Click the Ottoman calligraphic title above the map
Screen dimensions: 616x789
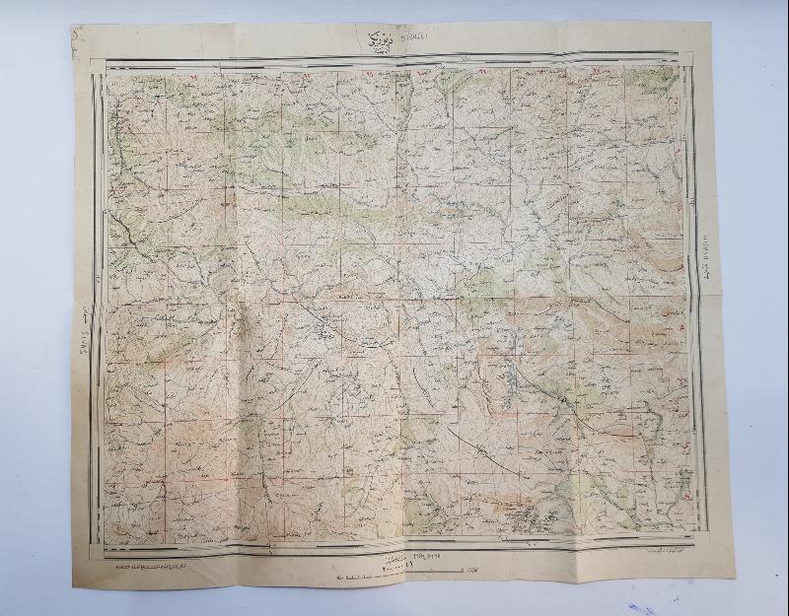(x=371, y=40)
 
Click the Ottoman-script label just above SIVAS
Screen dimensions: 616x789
(x=82, y=315)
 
